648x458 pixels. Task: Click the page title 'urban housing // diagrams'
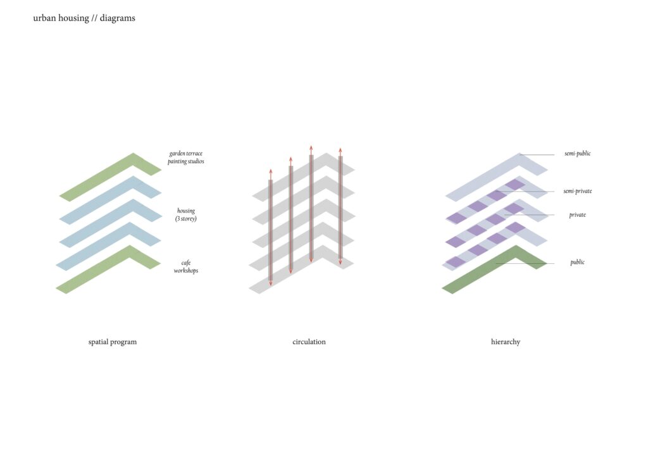pos(84,18)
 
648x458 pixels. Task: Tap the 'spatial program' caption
pos(113,342)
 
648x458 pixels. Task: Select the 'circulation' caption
pos(309,342)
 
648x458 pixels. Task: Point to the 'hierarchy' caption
pos(506,342)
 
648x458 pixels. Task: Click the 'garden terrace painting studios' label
pos(186,158)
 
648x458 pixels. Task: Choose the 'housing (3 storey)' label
pos(186,214)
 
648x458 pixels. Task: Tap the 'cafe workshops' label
pos(186,267)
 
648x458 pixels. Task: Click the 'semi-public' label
pos(577,154)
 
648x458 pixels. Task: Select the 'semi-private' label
pos(577,191)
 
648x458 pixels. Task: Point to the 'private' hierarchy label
pos(577,214)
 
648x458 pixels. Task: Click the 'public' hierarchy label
pos(577,263)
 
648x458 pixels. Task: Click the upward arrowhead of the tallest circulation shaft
pos(311,147)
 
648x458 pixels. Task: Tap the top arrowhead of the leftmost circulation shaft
pos(271,171)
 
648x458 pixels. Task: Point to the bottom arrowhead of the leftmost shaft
pos(271,283)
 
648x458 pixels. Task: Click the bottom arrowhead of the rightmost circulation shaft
pos(340,262)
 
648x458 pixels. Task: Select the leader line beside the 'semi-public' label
pos(537,154)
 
